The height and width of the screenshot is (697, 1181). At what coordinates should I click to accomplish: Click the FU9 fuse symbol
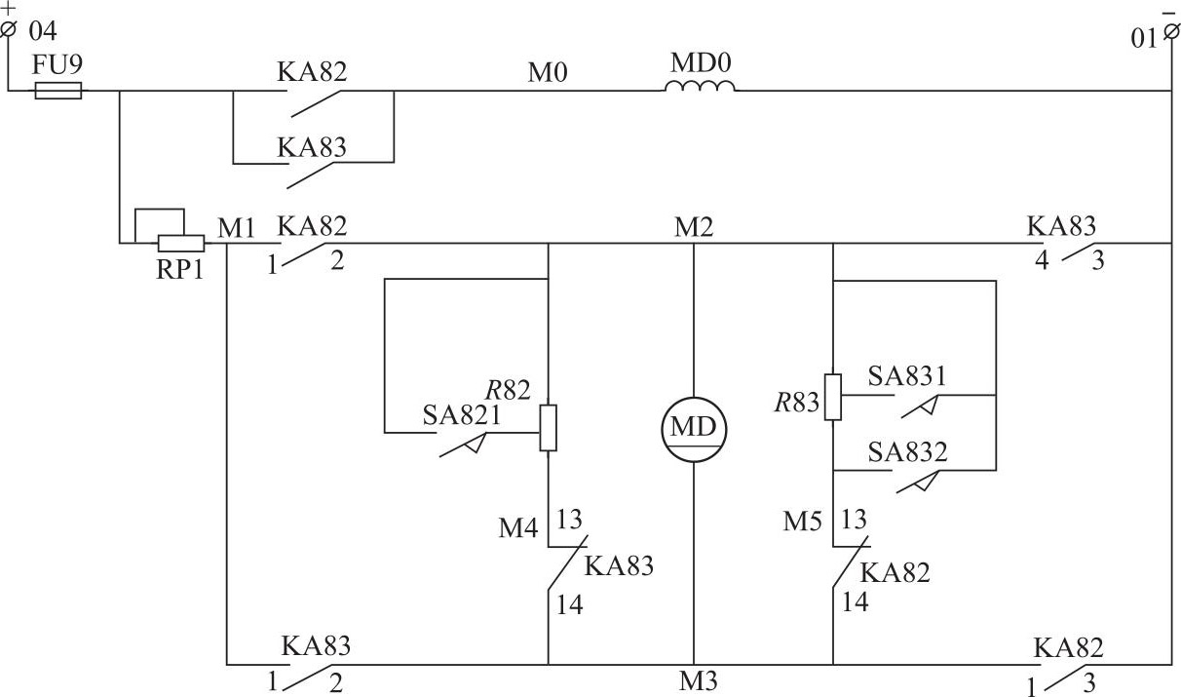[58, 92]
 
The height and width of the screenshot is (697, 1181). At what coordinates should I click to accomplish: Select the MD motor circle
[694, 428]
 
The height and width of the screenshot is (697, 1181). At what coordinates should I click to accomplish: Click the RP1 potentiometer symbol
[180, 242]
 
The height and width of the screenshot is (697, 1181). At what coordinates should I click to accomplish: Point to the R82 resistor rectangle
[549, 428]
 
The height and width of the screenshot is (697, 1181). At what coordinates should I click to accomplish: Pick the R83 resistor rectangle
[832, 397]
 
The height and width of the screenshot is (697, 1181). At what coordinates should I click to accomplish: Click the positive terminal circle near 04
[10, 29]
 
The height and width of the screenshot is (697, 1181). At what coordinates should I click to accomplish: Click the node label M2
[694, 227]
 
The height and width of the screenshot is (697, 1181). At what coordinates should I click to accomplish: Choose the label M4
[517, 528]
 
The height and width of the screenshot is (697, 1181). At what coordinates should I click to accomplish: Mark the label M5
[803, 522]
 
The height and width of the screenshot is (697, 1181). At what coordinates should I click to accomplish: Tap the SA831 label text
[907, 376]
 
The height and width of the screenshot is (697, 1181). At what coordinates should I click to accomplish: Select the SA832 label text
[907, 453]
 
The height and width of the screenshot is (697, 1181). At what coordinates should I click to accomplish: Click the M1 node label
[237, 227]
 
